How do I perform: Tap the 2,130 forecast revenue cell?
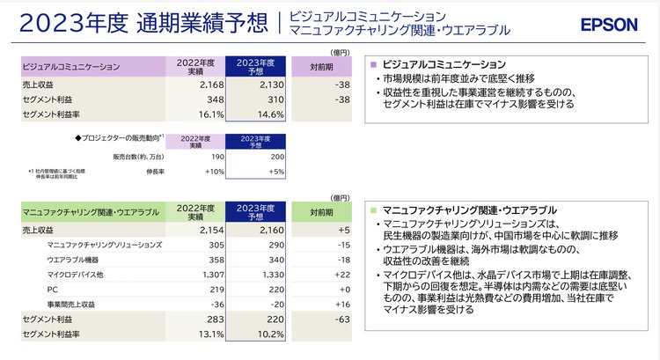tap(262, 84)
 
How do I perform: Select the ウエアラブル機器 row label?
tap(73, 260)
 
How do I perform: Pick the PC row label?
tap(52, 289)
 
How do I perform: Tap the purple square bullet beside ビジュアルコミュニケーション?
tap(374, 64)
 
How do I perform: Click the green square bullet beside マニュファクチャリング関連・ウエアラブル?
tap(374, 211)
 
